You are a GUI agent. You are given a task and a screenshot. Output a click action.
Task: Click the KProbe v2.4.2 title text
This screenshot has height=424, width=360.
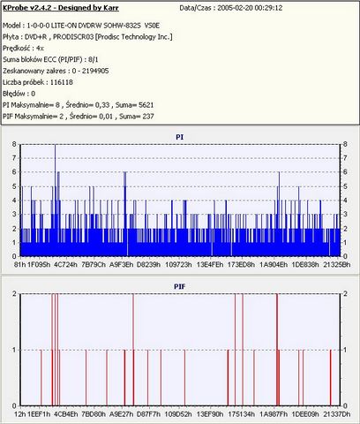(61, 8)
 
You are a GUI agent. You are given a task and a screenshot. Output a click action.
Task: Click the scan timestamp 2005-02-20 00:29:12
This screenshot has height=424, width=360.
(250, 8)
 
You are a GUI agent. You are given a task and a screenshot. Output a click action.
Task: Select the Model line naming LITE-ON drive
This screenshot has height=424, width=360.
(81, 26)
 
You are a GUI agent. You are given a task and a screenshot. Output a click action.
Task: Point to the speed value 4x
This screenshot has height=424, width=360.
(40, 49)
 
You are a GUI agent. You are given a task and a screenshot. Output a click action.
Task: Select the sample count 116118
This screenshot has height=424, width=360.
(62, 82)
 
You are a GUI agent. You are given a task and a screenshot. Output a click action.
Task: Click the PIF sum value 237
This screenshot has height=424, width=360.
(148, 117)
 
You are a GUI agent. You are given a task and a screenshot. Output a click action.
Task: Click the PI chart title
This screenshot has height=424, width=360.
(180, 137)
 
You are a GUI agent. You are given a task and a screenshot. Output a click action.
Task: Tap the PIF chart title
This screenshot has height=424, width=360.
(180, 286)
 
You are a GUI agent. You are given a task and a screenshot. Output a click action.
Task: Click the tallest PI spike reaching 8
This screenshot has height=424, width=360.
(55, 201)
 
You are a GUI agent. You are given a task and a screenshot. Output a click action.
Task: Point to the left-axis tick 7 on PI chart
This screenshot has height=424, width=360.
(14, 158)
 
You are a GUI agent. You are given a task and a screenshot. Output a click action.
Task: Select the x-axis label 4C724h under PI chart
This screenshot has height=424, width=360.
(65, 264)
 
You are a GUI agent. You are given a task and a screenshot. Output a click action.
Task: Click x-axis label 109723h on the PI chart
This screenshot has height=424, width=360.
(178, 264)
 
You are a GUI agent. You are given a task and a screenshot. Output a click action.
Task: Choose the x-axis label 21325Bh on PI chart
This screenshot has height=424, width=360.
(337, 264)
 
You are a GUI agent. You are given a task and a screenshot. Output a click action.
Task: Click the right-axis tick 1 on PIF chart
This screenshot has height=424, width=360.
(345, 350)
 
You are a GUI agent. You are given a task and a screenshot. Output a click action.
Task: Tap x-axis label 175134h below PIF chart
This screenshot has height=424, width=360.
(242, 414)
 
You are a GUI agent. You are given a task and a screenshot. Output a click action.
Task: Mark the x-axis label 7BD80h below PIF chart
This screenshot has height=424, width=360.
(94, 414)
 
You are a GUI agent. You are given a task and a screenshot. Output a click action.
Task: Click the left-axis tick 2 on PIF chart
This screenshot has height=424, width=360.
(14, 293)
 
